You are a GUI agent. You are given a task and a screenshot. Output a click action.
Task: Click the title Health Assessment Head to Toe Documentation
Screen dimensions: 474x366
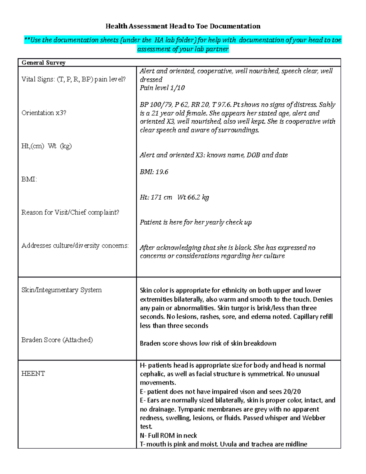[x=183, y=26]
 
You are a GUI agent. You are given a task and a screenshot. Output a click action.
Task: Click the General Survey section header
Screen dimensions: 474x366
[x=43, y=63]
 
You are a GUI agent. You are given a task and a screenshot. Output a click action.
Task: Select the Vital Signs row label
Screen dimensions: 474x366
[x=74, y=79]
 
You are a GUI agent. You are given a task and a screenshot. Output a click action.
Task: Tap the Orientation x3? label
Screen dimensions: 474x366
[x=44, y=113]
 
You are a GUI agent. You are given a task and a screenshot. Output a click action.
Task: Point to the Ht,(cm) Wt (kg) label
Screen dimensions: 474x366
[x=46, y=146]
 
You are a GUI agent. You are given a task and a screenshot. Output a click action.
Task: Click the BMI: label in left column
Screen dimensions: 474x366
[x=29, y=179]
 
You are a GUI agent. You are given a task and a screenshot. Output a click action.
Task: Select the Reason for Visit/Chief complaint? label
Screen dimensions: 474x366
[x=70, y=212]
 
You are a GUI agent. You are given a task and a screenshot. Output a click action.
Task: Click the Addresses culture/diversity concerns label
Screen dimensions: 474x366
[x=75, y=246]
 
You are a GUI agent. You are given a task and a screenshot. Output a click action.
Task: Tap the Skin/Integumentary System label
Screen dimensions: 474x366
[x=61, y=290]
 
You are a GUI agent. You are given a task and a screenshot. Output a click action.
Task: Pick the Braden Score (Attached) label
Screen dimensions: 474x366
[x=57, y=340]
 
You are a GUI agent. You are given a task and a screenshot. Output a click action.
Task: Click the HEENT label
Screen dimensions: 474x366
[x=33, y=374]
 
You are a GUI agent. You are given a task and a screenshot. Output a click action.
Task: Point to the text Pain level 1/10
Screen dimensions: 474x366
[x=162, y=88]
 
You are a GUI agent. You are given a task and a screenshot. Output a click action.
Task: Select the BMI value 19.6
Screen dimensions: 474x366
[x=162, y=172]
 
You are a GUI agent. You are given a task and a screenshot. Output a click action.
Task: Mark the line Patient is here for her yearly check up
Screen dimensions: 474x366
[x=196, y=222]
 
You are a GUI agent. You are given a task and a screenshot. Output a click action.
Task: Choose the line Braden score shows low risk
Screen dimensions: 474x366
[x=208, y=343]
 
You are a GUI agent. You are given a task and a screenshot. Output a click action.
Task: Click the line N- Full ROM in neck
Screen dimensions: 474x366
[x=168, y=436]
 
